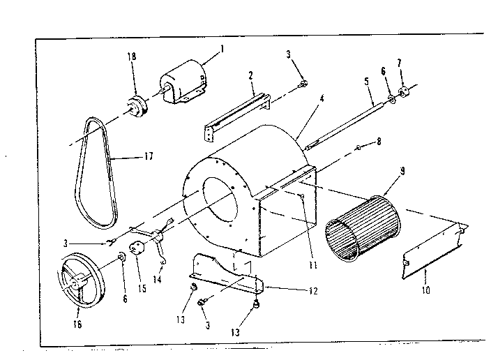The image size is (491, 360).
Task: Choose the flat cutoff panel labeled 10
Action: point(433,252)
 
